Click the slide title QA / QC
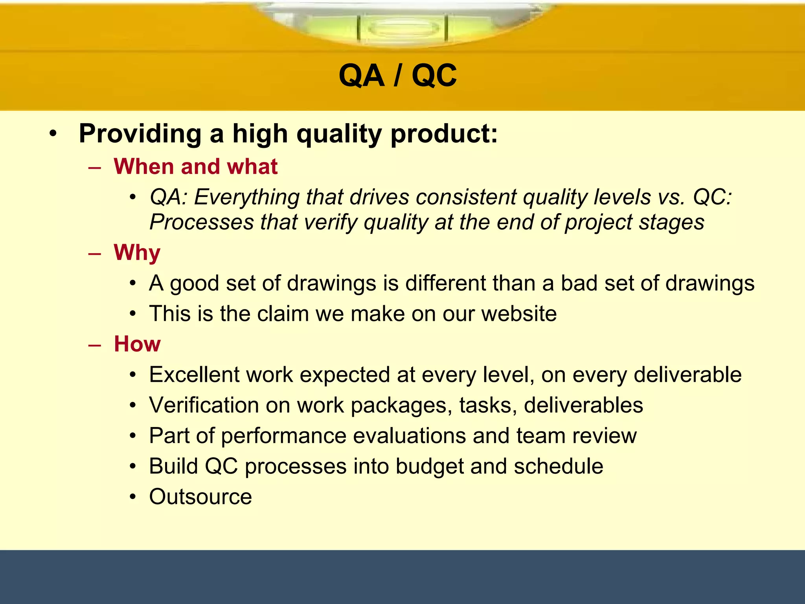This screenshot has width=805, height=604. coord(397,75)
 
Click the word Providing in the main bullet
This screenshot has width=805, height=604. coord(140,134)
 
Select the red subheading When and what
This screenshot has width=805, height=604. coord(195,166)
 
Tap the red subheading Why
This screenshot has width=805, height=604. coord(137,252)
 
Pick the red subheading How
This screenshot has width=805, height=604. coord(137,344)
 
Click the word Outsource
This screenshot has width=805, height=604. coord(200,497)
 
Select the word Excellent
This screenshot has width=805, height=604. coord(194,374)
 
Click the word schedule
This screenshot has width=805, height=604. coord(558,466)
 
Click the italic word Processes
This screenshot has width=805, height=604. coord(201,222)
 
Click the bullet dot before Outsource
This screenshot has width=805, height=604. coord(133,497)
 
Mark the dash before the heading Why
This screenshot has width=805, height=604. coord(95,253)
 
